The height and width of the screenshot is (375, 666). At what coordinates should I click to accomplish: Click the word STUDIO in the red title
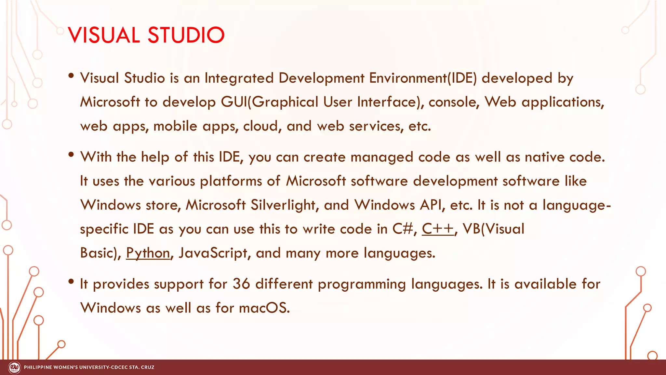pyautogui.click(x=186, y=35)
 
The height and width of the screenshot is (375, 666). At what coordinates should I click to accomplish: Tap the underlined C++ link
pyautogui.click(x=438, y=229)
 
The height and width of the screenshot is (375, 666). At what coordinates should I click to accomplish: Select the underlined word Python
pyautogui.click(x=148, y=253)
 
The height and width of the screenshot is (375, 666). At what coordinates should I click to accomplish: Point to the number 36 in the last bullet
pyautogui.click(x=241, y=284)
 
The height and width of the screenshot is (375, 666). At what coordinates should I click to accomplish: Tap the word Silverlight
pyautogui.click(x=283, y=205)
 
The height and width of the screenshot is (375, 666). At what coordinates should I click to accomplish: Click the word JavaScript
pyautogui.click(x=213, y=253)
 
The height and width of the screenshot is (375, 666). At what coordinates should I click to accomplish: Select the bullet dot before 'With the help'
pyautogui.click(x=71, y=155)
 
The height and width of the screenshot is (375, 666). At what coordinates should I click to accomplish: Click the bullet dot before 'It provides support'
pyautogui.click(x=71, y=282)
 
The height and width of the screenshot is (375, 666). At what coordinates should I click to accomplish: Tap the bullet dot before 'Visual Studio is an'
pyautogui.click(x=71, y=76)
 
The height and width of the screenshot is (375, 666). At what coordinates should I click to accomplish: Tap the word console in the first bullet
pyautogui.click(x=453, y=102)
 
